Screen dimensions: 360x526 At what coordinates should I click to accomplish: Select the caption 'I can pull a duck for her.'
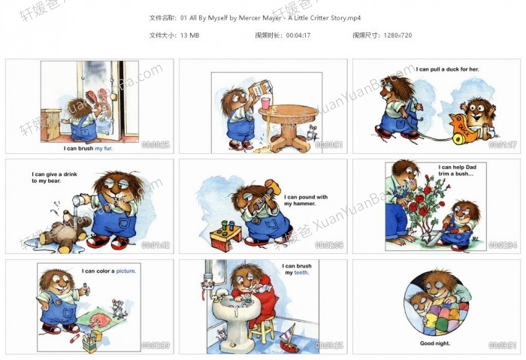pos(447,69)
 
